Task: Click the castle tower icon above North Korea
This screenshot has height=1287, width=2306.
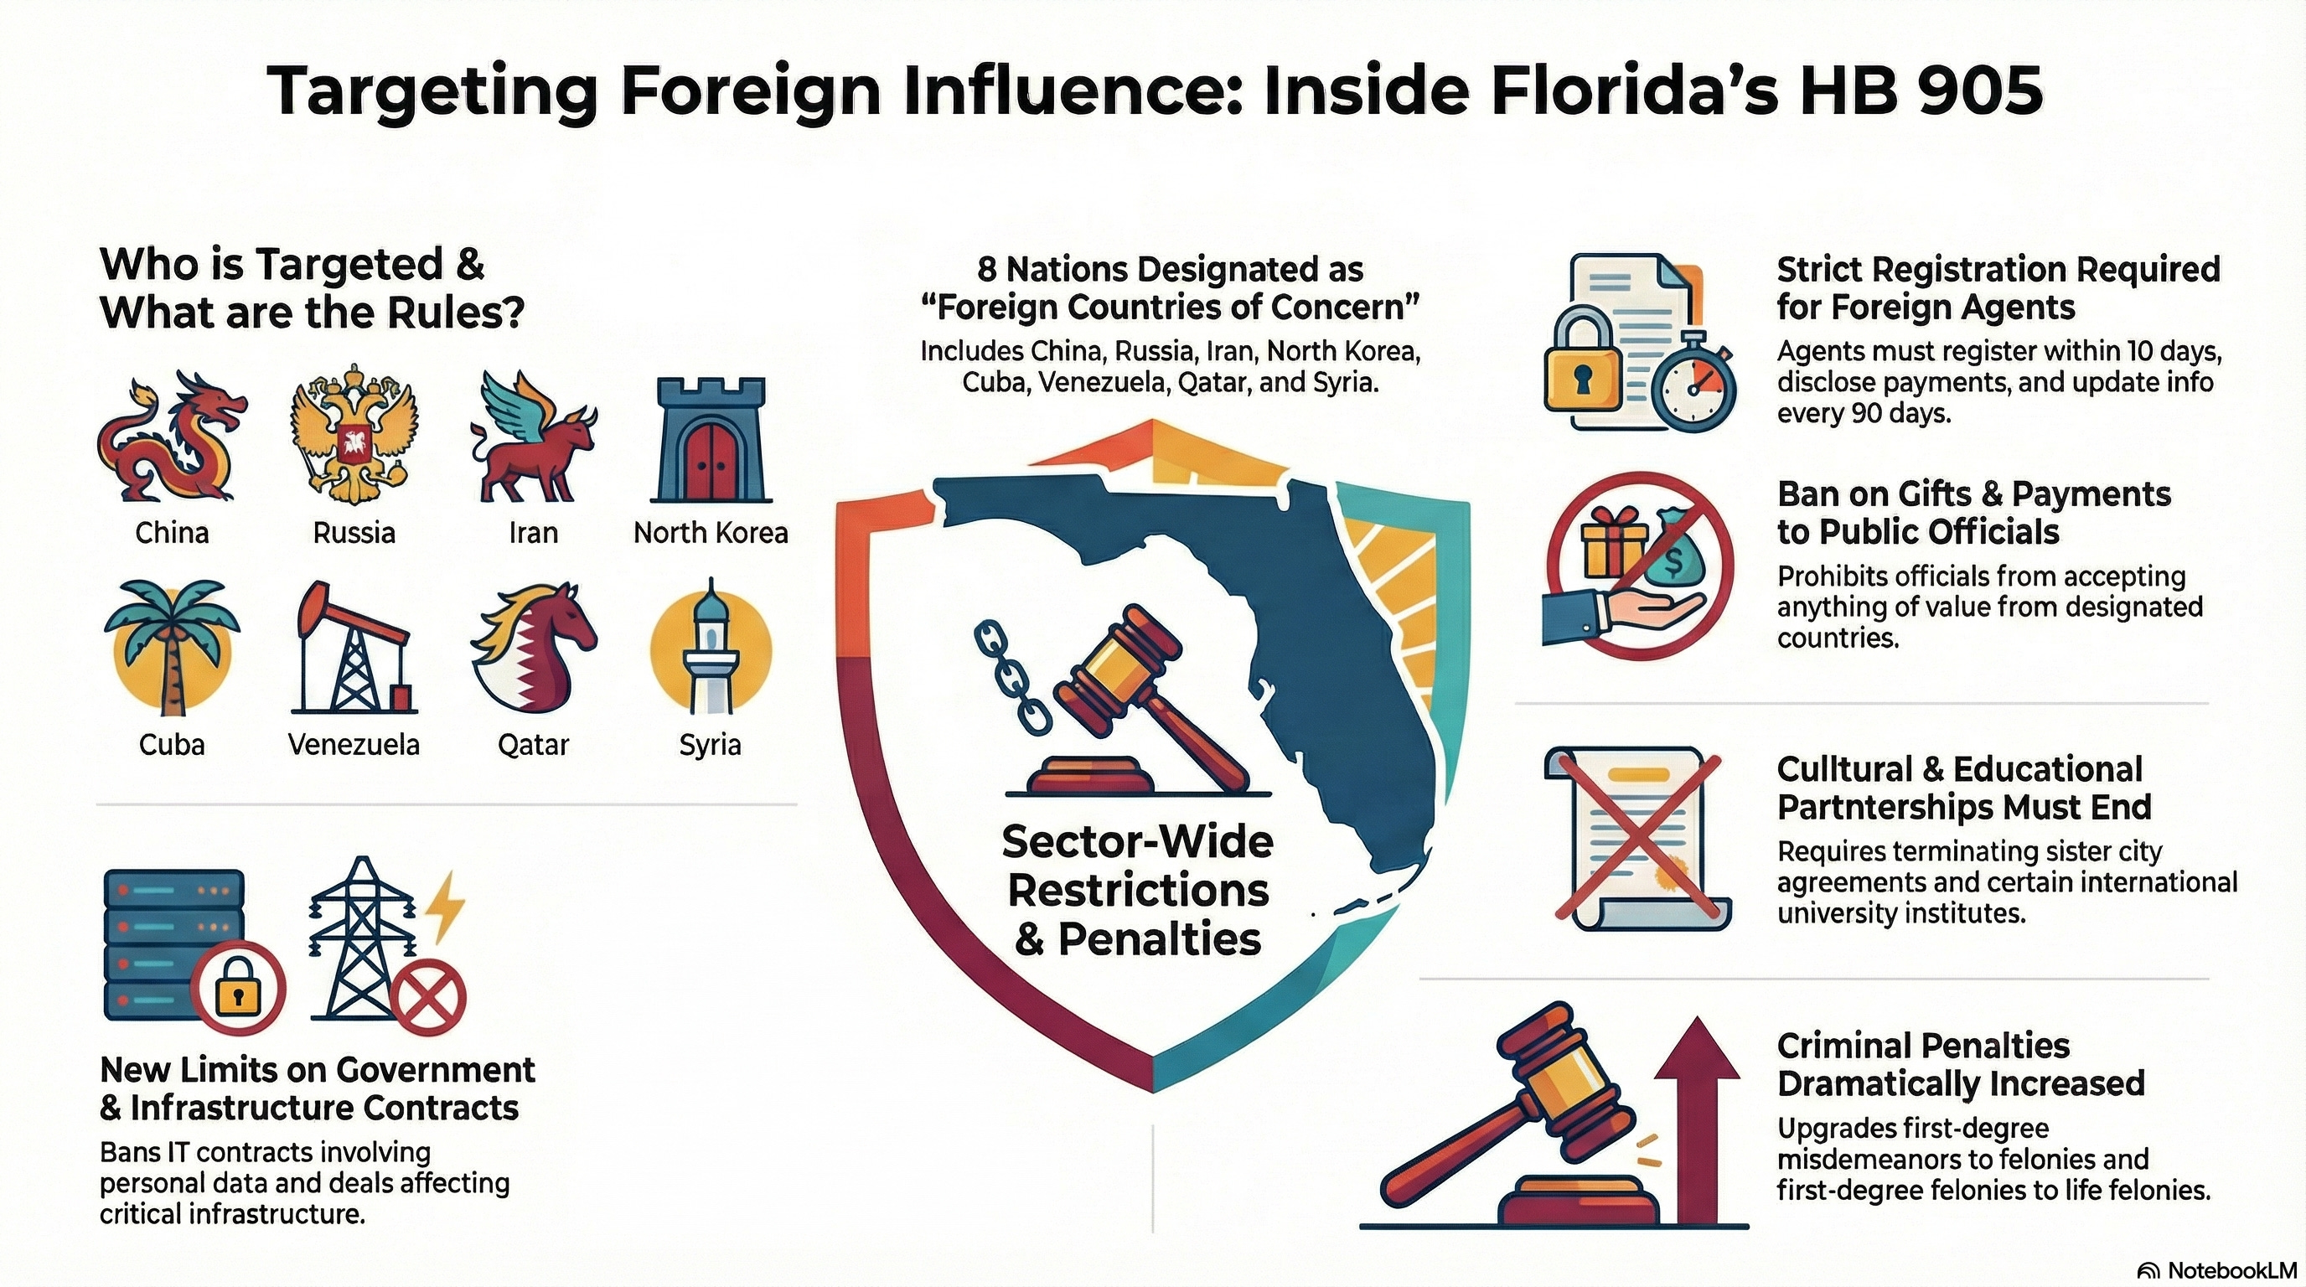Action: [711, 438]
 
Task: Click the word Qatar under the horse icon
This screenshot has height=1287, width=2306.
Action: [534, 745]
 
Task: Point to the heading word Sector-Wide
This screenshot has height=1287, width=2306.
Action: [1137, 841]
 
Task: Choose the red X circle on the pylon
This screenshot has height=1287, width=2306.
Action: [431, 997]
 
